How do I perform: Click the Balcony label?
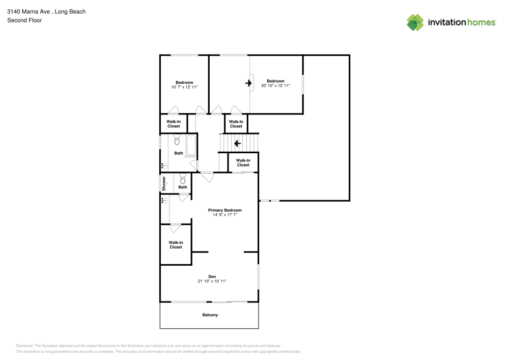pos(210,315)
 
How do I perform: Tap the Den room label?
pos(212,276)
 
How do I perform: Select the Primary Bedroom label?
pos(224,210)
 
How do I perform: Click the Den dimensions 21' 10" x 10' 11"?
pos(212,281)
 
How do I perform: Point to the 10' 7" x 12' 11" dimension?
pos(184,87)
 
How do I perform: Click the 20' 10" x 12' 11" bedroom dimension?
pos(275,86)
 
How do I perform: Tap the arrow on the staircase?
pos(237,143)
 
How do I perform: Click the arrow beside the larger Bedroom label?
pos(248,83)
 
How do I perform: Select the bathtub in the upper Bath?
pos(191,145)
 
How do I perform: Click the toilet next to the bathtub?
pos(177,140)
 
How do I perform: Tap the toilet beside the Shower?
pos(183,179)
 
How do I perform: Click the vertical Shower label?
pos(164,183)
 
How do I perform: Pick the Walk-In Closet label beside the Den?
pos(176,245)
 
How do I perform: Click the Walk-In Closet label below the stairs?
pos(243,162)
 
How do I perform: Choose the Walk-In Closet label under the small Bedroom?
pos(174,124)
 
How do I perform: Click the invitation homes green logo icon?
pos(415,22)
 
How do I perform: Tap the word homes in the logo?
pos(481,22)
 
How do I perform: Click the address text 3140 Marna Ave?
pos(29,12)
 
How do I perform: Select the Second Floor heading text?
pos(24,20)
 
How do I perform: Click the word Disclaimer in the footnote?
pos(24,346)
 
